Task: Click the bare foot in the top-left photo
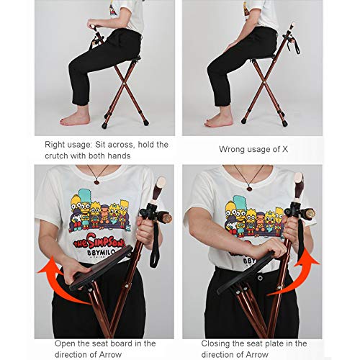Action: point(75,118)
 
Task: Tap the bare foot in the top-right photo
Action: point(219,120)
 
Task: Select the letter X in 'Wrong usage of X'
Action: point(284,149)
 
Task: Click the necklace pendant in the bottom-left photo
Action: point(96,181)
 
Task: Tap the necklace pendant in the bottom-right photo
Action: point(249,188)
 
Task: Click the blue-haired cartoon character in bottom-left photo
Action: point(85,207)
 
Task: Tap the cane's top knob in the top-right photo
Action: point(292,24)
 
